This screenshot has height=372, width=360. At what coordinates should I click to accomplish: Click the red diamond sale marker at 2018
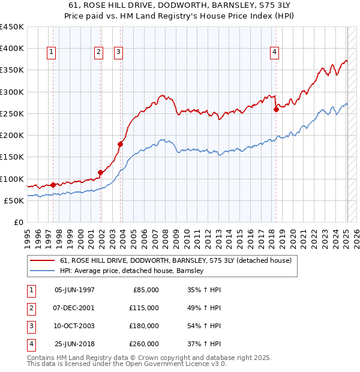276,109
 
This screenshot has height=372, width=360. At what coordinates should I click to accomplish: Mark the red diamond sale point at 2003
121,144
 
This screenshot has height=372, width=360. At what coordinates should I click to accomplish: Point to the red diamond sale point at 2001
100,173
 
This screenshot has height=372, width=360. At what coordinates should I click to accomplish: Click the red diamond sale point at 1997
53,185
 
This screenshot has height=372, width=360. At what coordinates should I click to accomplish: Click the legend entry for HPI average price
132,271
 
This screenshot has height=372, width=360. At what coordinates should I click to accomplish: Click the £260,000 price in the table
145,344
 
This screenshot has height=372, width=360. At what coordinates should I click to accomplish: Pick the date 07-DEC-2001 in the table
74,308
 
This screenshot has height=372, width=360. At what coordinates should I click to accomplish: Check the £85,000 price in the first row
146,290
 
